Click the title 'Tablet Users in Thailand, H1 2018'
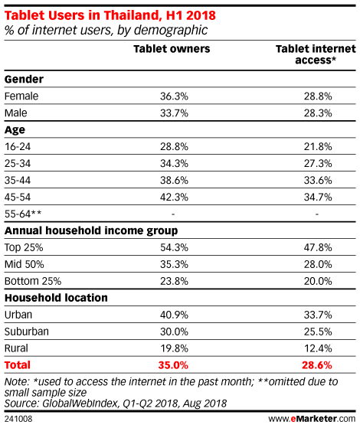coord(110,15)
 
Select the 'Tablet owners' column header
coord(172,49)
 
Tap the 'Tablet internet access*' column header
coord(316,54)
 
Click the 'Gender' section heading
coord(24,80)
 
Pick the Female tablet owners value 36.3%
coord(174,96)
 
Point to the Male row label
coord(16,113)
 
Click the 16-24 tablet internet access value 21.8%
coord(318,147)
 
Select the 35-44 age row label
coord(18,181)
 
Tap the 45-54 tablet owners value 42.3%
coord(174,197)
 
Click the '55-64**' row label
coord(23,214)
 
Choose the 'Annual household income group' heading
coord(91,231)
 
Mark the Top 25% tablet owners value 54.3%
coord(174,247)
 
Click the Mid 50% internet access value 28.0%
coord(318,264)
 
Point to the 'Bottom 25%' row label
coord(33,281)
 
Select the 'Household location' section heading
coord(56,298)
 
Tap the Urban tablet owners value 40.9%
coord(174,315)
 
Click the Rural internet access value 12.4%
coord(318,348)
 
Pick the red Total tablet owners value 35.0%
coord(173,365)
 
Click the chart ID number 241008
coord(18,419)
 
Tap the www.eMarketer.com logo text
coord(312,419)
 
